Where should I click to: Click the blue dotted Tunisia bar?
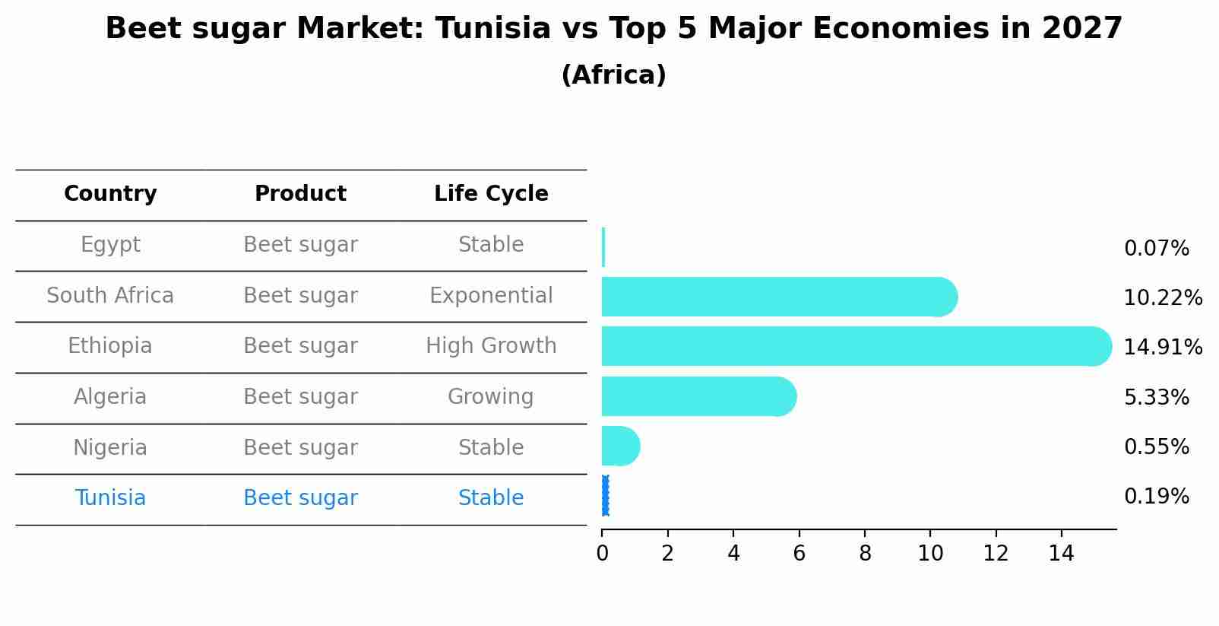pos(605,496)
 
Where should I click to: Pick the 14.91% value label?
pos(1163,348)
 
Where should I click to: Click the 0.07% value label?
pos(1156,249)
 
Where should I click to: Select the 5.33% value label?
pos(1156,398)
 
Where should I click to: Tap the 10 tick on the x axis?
pos(930,554)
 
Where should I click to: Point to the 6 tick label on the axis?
pos(799,554)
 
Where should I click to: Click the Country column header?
pos(110,194)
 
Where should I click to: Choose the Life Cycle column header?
pos(491,194)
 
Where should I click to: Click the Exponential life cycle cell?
pos(491,296)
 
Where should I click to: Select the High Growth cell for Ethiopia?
pos(491,346)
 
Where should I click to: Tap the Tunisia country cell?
pos(110,498)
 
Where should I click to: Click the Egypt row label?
pos(110,245)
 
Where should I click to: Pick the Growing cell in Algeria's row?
pos(491,397)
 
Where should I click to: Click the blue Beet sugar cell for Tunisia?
pos(300,498)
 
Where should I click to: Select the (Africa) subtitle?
pos(613,75)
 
